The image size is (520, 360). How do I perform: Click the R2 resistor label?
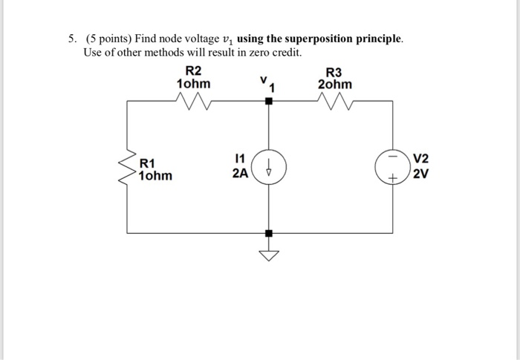193,71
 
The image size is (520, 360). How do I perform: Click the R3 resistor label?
335,71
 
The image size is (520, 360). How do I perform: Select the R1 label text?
148,163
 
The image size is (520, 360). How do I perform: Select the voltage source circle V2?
392,168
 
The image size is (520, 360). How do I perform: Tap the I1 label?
239,159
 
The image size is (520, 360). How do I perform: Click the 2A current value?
239,174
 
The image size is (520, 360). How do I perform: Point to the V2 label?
421,159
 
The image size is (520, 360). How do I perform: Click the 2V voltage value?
421,174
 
